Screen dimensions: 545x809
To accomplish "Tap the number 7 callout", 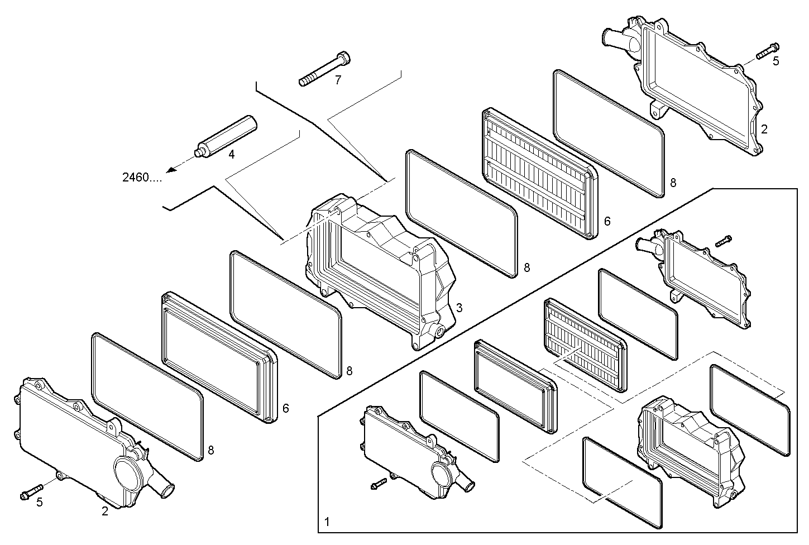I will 338,80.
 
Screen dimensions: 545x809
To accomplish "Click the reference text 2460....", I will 142,178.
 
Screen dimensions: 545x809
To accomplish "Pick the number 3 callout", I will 459,308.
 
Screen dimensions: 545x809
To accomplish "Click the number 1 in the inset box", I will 327,523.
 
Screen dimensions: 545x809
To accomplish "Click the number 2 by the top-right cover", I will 764,129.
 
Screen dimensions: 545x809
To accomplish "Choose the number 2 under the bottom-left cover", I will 105,510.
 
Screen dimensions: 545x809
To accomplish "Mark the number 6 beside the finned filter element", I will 607,221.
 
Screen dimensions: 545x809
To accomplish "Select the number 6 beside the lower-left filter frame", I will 286,408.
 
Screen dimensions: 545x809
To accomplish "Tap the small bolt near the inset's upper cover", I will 722,241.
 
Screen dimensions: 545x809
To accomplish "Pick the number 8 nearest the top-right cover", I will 673,183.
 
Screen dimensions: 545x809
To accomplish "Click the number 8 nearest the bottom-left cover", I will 210,450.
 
